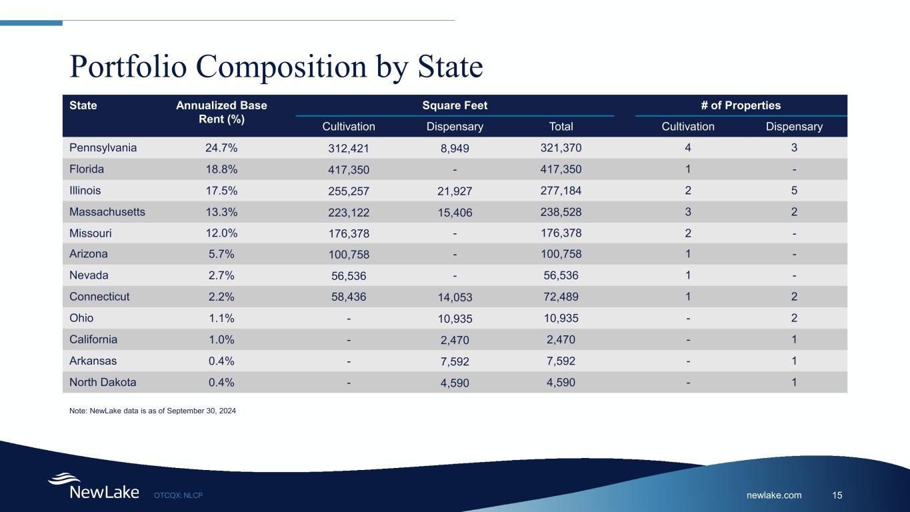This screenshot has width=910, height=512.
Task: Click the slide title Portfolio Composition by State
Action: pos(276,67)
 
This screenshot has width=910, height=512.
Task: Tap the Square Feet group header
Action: pos(455,105)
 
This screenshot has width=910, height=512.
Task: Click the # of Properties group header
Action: pos(741,105)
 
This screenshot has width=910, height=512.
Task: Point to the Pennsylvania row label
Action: pos(103,148)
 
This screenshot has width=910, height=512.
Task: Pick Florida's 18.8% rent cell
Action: pos(221,169)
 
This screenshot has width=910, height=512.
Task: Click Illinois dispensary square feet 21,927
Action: pos(455,191)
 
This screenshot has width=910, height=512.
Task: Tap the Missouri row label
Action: pos(91,233)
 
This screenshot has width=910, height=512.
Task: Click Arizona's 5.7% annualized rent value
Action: pos(221,255)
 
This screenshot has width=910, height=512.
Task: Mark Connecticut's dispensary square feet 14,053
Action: pos(455,298)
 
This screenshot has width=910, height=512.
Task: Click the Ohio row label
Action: pos(81,318)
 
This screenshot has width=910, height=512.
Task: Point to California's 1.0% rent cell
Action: pos(221,339)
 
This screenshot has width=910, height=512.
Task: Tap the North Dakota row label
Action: pos(103,383)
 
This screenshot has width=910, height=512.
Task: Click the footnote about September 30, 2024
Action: pos(153,411)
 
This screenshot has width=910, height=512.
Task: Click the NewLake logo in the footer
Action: pos(93,487)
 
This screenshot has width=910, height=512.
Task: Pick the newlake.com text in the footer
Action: pos(774,495)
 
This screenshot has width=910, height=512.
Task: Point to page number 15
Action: pos(837,495)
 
